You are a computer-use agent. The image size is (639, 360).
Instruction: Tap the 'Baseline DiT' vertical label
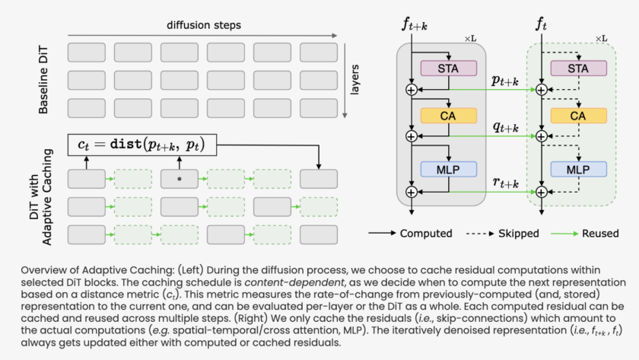(x=47, y=79)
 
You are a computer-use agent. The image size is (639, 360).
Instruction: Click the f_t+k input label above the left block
(x=413, y=25)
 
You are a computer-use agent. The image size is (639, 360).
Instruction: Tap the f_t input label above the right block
(x=541, y=25)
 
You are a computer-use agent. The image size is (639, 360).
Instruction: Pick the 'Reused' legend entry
(x=599, y=234)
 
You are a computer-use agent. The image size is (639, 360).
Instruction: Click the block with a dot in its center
(x=180, y=179)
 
